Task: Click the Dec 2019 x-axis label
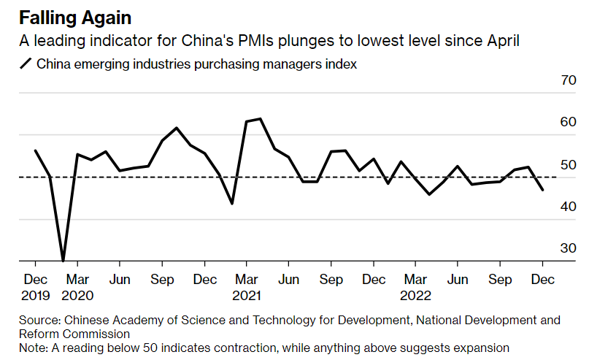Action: coord(36,287)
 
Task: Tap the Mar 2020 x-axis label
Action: coord(77,287)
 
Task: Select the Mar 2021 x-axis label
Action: coord(247,287)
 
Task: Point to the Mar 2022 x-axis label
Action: coord(416,287)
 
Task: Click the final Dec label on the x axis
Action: coord(542,279)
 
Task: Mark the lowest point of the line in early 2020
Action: coord(63,260)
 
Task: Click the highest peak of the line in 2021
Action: coord(261,118)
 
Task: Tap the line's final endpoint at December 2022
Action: coord(542,190)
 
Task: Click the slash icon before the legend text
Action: coord(26,64)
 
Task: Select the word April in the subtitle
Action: coord(501,41)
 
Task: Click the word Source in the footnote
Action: coord(39,320)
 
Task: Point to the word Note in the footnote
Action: coord(33,348)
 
